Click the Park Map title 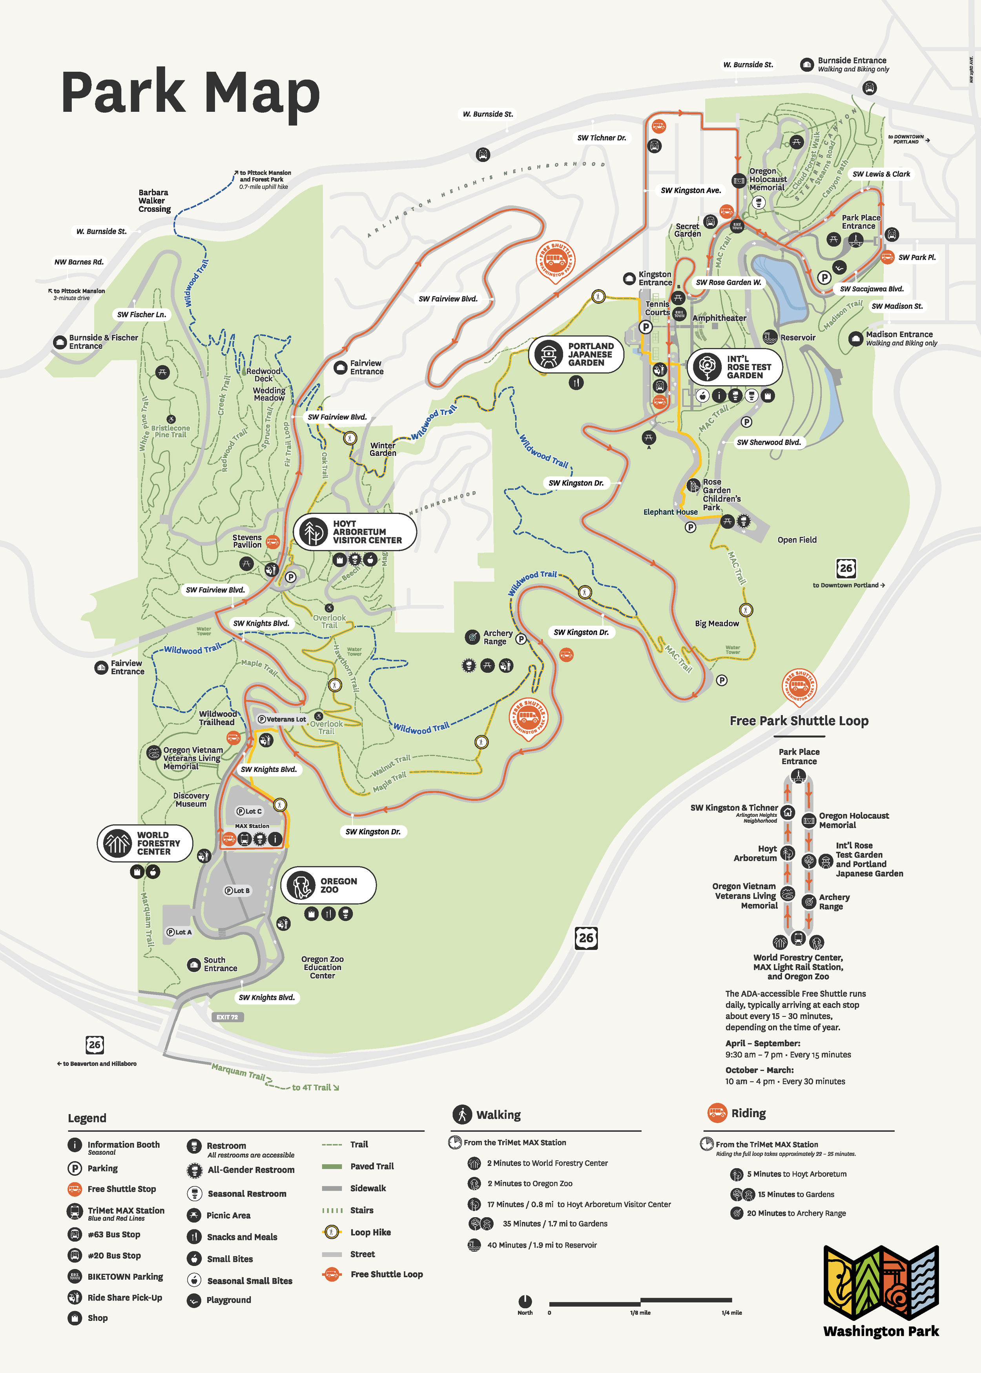coord(190,92)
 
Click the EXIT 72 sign coord(227,1017)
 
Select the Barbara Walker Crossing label coord(154,201)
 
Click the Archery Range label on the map coord(497,637)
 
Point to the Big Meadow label coord(717,623)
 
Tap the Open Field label coord(797,540)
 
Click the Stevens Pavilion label coord(247,541)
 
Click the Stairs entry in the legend coord(361,1210)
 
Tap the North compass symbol coord(525,1301)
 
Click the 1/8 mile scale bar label coord(640,1313)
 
